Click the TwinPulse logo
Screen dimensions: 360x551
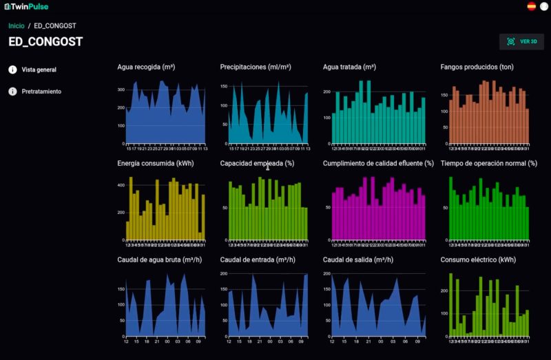26,6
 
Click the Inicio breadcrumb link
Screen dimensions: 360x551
16,25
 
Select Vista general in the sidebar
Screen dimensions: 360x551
39,70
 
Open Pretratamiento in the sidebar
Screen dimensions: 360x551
41,92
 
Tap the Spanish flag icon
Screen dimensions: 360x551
531,6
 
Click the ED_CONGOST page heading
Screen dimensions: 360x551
45,42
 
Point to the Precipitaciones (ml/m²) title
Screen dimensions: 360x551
256,67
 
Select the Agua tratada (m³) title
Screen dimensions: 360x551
349,67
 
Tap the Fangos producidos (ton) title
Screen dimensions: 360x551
477,67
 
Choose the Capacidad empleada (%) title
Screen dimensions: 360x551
257,163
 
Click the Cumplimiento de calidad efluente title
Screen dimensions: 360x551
378,163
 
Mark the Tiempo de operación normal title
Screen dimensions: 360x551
488,163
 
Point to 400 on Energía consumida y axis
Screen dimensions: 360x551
121,185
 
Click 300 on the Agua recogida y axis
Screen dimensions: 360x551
121,90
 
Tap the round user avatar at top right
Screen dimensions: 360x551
543,6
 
